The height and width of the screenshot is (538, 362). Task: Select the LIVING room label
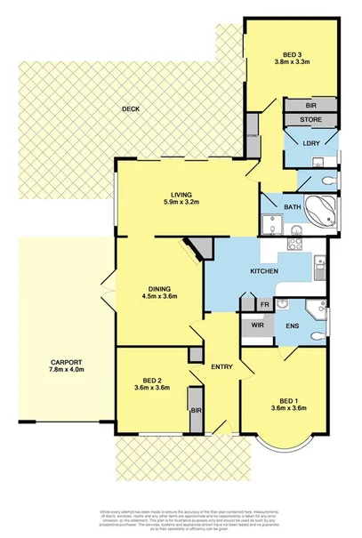(184, 195)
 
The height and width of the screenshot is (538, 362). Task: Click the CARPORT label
(67, 363)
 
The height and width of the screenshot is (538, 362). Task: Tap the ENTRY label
(221, 366)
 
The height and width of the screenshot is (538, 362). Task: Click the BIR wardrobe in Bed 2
(196, 411)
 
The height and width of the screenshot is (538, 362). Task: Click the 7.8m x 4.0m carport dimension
(67, 372)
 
